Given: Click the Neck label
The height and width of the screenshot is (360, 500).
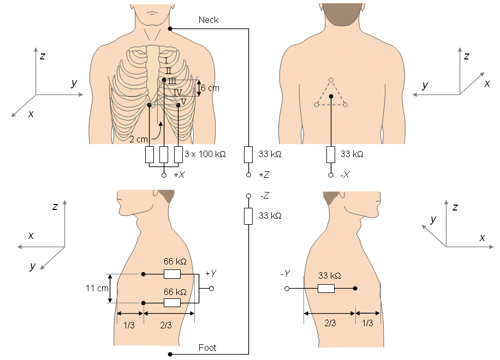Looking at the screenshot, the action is pos(208,20).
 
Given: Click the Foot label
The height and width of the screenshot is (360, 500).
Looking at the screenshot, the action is pos(207,347).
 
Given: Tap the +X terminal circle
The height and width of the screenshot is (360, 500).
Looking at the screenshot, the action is pos(164,175).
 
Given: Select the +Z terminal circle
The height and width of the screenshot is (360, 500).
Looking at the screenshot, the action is pos(248,175).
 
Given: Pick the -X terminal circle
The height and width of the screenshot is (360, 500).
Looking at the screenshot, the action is pos(331,175).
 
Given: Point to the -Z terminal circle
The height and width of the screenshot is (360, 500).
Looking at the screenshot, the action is pos(248,196).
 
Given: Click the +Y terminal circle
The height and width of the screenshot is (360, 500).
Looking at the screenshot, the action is pos(211,289).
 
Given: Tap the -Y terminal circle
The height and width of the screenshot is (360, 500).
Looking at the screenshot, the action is pos(287,289).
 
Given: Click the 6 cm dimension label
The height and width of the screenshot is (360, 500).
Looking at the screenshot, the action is pos(210,88).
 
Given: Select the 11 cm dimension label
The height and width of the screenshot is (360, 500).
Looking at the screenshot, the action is pos(97,289).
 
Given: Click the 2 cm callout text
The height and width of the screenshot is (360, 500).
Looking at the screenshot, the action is pos(139,139).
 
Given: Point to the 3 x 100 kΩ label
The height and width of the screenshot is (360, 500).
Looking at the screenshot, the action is pos(205,154).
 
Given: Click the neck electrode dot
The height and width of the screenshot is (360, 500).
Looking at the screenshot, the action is pos(170,29).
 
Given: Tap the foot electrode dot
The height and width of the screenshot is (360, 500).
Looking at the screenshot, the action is pos(170,354).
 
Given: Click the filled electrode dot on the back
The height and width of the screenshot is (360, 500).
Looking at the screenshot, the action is pos(331,96).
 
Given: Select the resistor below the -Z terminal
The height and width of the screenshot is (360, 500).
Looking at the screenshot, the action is pos(248,217).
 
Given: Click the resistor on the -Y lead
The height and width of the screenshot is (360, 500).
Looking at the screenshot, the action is pos(326,289).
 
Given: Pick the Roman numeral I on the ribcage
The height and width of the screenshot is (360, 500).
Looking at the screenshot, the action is pos(166,61).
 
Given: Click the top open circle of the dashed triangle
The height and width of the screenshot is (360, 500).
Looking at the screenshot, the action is pos(331,80).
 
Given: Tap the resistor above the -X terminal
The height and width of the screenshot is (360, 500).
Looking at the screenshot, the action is pos(331,154).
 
